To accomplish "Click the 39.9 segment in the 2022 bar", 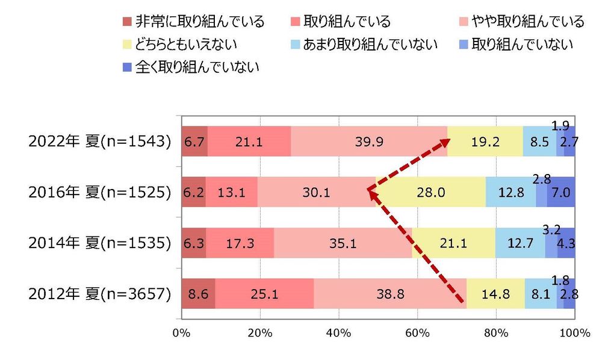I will pos(368,141).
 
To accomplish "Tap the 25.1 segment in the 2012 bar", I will pos(264,294).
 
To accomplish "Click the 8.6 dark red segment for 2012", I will pos(198,294).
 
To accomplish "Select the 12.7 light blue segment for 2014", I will pos(520,243).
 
